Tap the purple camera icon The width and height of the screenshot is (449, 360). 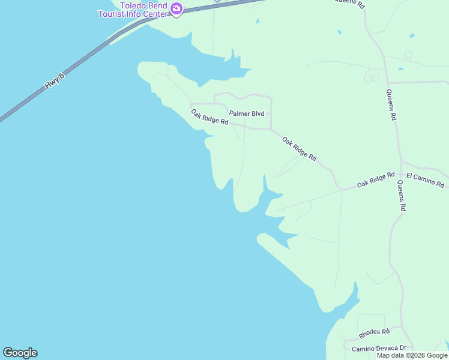pos(176,8)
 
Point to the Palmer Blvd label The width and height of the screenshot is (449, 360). pos(246,113)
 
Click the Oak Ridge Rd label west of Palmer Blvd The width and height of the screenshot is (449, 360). pos(209,116)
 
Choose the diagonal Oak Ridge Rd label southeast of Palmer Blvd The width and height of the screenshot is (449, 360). pos(299,149)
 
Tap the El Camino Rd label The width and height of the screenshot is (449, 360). pos(425,179)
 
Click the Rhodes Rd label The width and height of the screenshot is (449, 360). pos(374,332)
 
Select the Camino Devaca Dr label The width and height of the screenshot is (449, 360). pos(379,348)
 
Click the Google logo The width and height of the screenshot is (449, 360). pos(20,353)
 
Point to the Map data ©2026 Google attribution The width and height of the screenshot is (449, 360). pos(412,355)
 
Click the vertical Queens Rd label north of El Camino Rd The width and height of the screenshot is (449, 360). pos(391,105)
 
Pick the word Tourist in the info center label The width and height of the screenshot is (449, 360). pos(119,14)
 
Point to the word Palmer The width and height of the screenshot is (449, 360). pos(239,113)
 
